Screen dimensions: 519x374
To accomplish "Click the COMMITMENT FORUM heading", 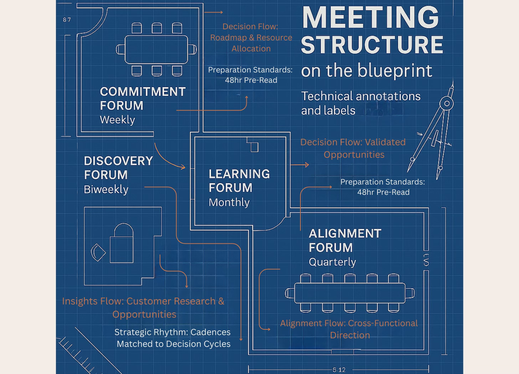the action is (x=143, y=98).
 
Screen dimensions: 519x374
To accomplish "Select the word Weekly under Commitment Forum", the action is (x=117, y=120).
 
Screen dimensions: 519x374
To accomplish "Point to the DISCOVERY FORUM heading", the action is (x=118, y=168).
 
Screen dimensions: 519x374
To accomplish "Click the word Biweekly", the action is (x=106, y=189).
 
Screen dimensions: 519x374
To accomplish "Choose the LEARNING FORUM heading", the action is (x=239, y=181).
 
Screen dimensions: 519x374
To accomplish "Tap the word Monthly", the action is (x=229, y=202).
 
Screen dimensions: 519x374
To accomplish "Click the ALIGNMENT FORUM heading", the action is (x=345, y=240).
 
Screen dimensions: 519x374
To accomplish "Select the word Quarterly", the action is (x=332, y=262).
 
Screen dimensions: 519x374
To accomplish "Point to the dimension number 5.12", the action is (x=339, y=370).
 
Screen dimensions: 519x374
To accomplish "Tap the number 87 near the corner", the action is (x=67, y=20).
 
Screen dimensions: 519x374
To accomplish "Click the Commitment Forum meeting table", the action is (x=156, y=49).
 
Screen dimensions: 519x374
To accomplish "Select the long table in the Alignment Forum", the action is (x=350, y=293).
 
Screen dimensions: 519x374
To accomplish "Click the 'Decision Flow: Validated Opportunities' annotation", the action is (x=353, y=148).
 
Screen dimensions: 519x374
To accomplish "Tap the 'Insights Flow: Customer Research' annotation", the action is (x=143, y=307).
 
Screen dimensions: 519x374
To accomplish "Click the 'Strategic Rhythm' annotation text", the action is (x=173, y=338).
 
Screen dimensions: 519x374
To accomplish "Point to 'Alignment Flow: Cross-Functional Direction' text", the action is (x=349, y=329).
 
